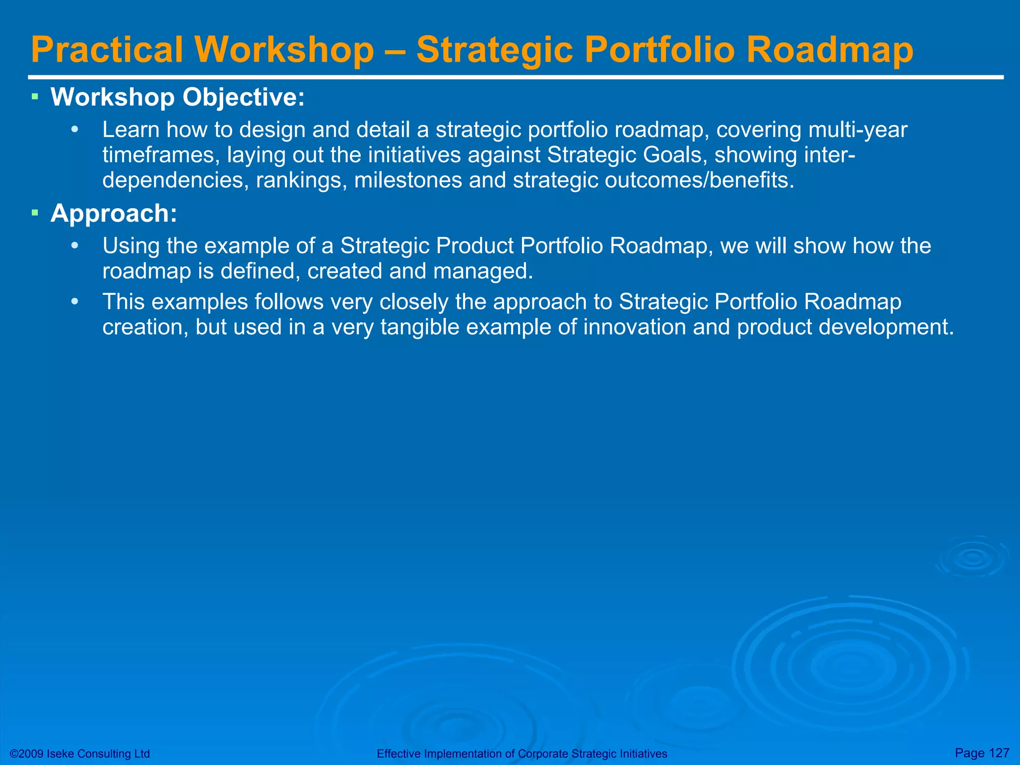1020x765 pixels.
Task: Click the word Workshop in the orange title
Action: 284,50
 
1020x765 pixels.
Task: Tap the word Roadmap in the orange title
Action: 829,50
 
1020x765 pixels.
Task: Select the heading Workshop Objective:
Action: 177,97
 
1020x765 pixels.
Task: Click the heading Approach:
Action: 114,213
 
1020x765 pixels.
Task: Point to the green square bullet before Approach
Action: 35,213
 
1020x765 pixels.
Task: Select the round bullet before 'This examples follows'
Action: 75,302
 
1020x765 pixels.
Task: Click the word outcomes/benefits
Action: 699,180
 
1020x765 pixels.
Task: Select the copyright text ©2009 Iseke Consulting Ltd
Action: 80,754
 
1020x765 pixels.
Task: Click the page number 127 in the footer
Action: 999,753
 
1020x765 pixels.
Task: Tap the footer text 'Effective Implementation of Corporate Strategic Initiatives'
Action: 521,754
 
